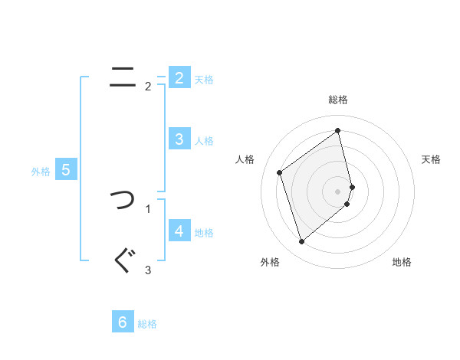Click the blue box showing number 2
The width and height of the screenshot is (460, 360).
pyautogui.click(x=179, y=77)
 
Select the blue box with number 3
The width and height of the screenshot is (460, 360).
pyautogui.click(x=179, y=139)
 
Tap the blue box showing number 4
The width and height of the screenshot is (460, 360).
pyautogui.click(x=179, y=231)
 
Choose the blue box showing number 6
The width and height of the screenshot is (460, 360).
pyautogui.click(x=122, y=322)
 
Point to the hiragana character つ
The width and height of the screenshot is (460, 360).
pyautogui.click(x=122, y=201)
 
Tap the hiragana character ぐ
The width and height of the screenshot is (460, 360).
pyautogui.click(x=123, y=260)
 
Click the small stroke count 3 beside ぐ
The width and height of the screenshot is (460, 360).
pyautogui.click(x=148, y=270)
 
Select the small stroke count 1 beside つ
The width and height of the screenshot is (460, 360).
pyautogui.click(x=148, y=208)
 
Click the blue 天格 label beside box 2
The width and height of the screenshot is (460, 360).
pyautogui.click(x=204, y=80)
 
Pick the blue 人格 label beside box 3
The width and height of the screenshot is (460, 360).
pyautogui.click(x=204, y=141)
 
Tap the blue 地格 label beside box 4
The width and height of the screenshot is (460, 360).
pyautogui.click(x=204, y=233)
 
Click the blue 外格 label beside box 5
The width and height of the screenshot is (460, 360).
pyautogui.click(x=41, y=172)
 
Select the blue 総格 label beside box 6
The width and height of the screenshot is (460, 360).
pyautogui.click(x=147, y=325)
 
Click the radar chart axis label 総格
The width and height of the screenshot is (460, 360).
pyautogui.click(x=338, y=100)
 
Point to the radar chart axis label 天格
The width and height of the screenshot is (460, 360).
pyautogui.click(x=432, y=159)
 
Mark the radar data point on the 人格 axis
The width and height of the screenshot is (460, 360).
pyautogui.click(x=280, y=172)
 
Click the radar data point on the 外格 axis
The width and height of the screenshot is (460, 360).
pyautogui.click(x=301, y=242)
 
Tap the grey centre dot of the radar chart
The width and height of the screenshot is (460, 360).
pyautogui.click(x=338, y=191)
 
